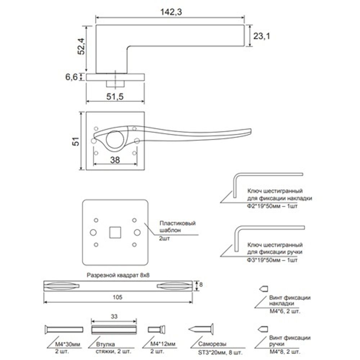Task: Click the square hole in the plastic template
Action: (115, 232)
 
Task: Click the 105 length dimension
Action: (118, 297)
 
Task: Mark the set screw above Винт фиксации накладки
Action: (263, 289)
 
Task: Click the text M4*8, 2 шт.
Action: (285, 351)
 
